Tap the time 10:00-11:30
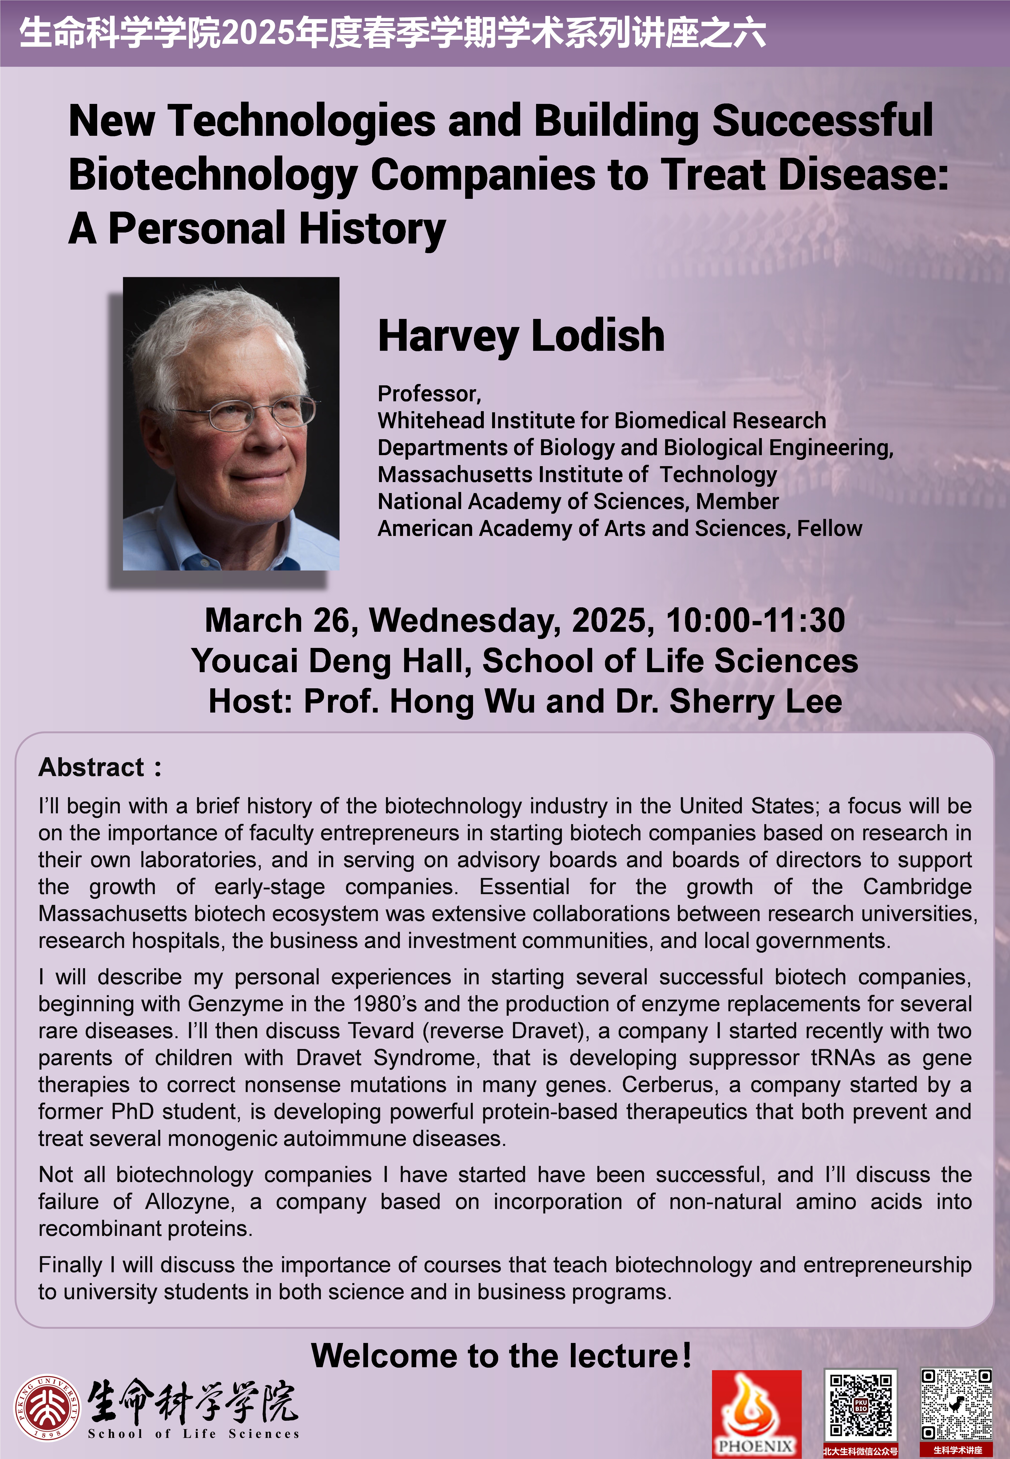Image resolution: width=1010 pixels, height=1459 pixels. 755,620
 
